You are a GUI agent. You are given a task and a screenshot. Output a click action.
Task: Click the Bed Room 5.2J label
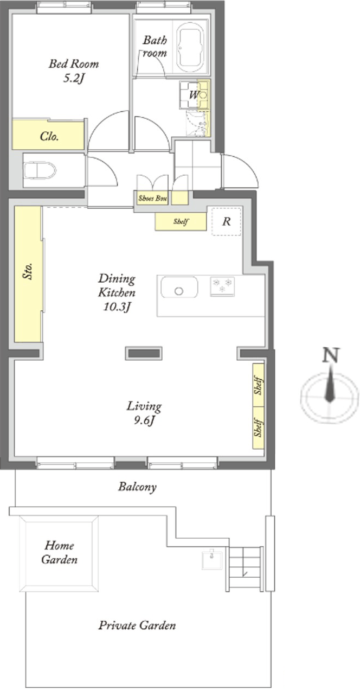[x=74, y=71]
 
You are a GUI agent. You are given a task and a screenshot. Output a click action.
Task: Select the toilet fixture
[x=40, y=170]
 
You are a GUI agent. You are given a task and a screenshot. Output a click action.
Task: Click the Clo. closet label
[x=49, y=136]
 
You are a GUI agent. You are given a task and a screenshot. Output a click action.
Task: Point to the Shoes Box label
[x=152, y=199]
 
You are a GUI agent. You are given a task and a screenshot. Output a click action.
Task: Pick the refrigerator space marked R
[x=226, y=221]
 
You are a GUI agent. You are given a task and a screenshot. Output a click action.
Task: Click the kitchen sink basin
[x=179, y=287]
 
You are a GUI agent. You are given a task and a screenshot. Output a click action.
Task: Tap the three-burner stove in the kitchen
[x=222, y=286]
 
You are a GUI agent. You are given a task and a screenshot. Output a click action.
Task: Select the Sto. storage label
[x=28, y=271]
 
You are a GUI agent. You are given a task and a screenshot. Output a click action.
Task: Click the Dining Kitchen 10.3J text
[x=117, y=292]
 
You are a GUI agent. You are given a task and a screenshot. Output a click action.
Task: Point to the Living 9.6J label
[x=144, y=413]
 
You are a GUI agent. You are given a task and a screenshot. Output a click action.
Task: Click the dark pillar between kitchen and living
[x=144, y=353]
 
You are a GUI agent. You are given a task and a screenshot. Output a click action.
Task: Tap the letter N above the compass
[x=331, y=355]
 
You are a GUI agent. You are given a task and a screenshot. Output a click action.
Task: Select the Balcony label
[x=137, y=487]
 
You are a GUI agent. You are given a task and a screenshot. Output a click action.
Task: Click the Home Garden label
[x=59, y=552]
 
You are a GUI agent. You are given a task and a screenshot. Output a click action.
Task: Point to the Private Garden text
[x=137, y=626]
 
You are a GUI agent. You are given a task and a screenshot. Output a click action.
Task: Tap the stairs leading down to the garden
[x=245, y=569]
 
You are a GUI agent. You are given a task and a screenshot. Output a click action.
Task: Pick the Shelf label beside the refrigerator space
[x=181, y=221]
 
